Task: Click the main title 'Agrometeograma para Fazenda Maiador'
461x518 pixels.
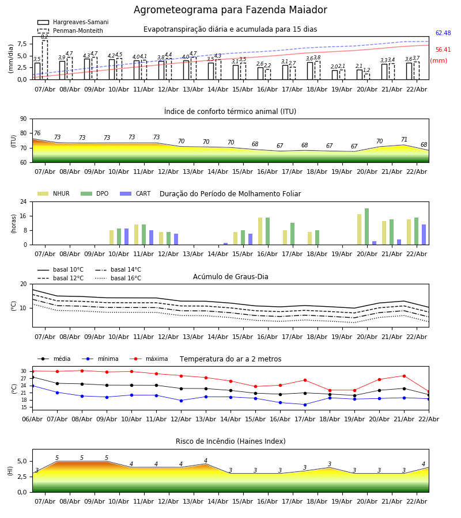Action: [x=231, y=10]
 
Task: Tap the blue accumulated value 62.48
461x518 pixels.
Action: [x=443, y=33]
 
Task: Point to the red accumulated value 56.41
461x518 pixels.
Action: [x=443, y=50]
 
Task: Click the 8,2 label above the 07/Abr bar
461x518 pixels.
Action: [x=44, y=37]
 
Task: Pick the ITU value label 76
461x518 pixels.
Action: [x=37, y=134]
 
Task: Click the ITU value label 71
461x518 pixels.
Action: [x=404, y=140]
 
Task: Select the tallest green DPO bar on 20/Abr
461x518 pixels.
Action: [x=366, y=226]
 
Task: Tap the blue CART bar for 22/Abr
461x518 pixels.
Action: [x=424, y=234]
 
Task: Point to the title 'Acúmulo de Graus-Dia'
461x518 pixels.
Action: [x=231, y=277]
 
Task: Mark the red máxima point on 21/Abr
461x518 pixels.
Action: [x=404, y=376]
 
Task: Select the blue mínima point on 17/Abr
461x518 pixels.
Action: [x=305, y=405]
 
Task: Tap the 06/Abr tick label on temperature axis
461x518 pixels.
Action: [x=32, y=418]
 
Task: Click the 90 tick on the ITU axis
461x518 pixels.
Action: [x=23, y=119]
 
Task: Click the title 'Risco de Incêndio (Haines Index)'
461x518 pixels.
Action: [x=231, y=441]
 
